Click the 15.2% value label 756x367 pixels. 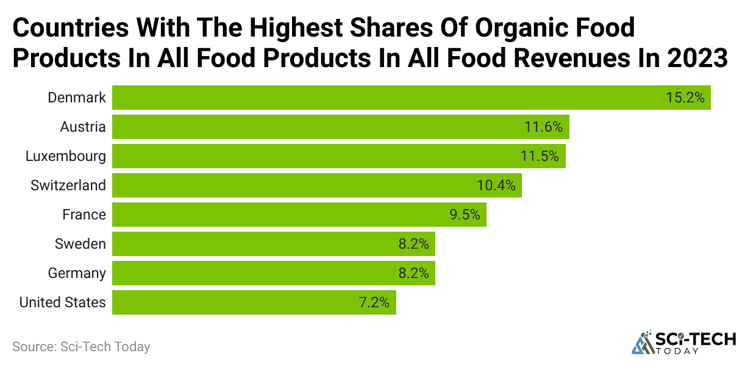[686, 98]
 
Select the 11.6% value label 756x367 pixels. [543, 127]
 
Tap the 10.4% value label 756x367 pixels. [496, 185]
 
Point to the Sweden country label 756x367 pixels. [80, 244]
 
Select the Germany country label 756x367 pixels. [77, 273]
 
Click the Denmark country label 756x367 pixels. [77, 98]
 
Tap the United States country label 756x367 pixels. [62, 302]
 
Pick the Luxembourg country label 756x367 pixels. [65, 156]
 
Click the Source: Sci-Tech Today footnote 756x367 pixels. [81, 347]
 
